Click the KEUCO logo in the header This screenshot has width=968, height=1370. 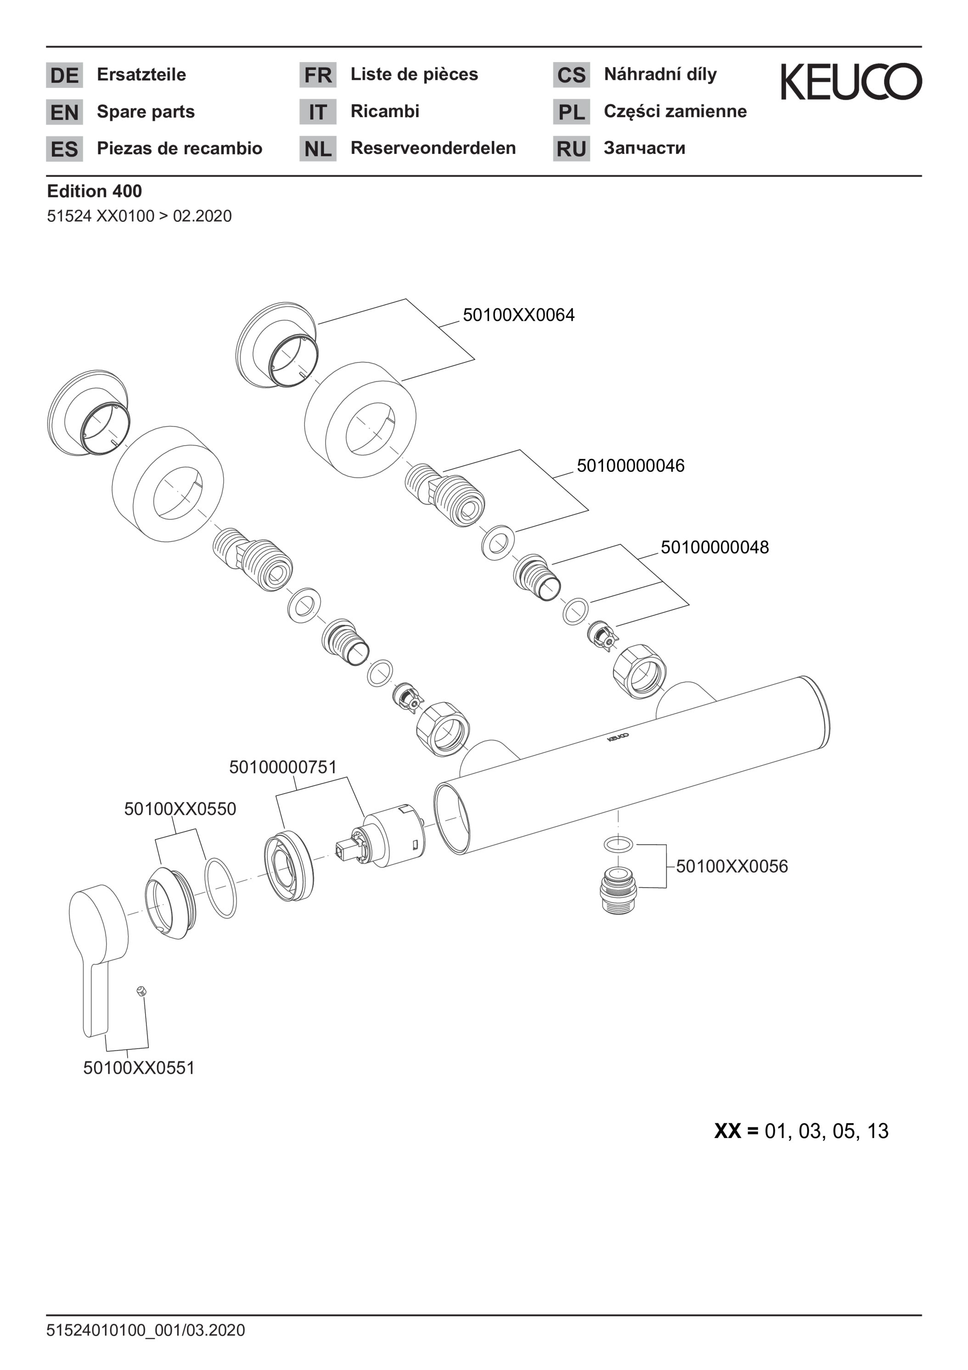(851, 82)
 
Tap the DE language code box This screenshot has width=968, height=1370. (64, 75)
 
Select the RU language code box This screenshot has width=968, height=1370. (571, 148)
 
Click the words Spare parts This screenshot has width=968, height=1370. (146, 112)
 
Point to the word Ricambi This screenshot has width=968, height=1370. (385, 111)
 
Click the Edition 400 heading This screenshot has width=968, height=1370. (94, 191)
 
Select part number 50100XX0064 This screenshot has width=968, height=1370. (519, 315)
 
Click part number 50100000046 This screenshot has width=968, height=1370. (630, 465)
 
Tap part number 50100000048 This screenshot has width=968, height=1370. (715, 547)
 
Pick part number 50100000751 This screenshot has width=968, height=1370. (283, 767)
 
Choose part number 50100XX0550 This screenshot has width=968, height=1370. (180, 809)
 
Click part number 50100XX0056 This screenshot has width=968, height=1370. (732, 866)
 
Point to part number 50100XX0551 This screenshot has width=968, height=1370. (139, 1068)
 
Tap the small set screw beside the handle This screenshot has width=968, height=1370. (141, 992)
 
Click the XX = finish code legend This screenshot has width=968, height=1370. (801, 1131)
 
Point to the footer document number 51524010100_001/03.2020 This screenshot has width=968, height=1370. (146, 1330)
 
